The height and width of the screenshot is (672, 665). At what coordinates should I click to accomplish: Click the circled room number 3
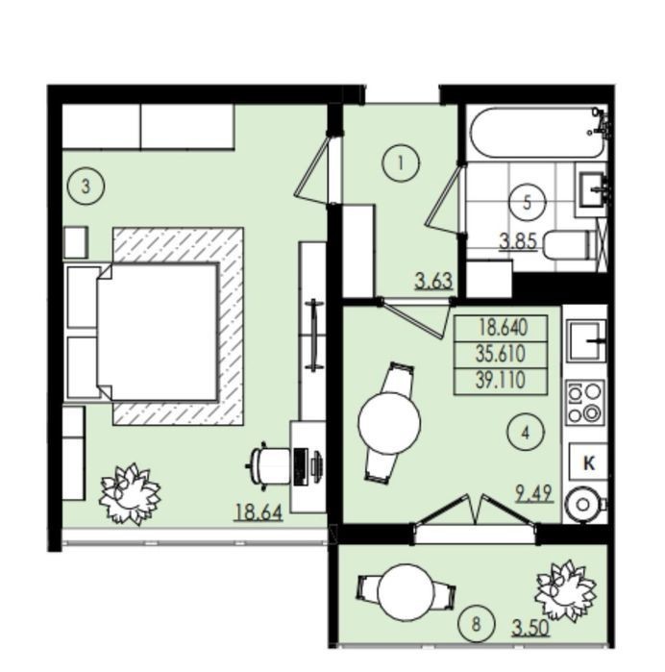(86, 187)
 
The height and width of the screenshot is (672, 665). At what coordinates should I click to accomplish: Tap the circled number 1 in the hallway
(401, 163)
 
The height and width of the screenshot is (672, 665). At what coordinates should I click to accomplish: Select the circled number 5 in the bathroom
(527, 202)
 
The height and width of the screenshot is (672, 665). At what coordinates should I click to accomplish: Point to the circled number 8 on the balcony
(476, 625)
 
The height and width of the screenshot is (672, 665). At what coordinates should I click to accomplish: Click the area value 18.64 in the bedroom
(259, 512)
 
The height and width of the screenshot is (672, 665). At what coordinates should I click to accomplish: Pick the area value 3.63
(434, 282)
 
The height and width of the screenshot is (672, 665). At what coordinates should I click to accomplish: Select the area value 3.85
(519, 241)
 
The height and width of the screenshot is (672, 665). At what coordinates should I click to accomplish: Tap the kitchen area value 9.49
(534, 493)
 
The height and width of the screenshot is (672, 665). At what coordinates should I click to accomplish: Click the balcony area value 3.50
(530, 629)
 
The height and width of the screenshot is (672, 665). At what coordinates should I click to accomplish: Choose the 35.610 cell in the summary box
(501, 355)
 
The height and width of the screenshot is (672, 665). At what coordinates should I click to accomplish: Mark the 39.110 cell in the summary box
(501, 381)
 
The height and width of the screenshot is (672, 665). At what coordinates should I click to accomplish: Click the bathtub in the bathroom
(538, 133)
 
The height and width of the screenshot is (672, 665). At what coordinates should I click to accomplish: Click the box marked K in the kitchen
(588, 462)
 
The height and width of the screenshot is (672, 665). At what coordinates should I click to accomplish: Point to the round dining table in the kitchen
(389, 423)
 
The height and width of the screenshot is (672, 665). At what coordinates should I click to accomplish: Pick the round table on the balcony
(406, 594)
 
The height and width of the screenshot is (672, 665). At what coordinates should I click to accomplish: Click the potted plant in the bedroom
(131, 494)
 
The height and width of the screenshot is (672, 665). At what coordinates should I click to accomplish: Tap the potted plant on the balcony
(566, 590)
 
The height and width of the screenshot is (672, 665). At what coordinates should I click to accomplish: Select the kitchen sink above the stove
(586, 339)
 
